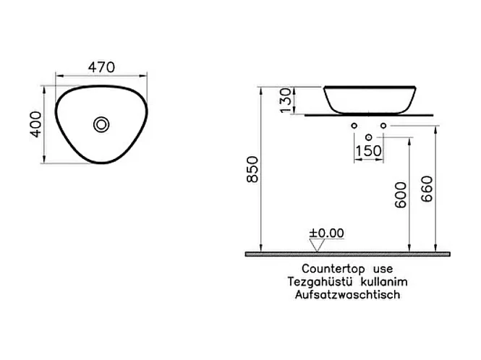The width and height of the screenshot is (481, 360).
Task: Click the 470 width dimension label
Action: coord(102,67)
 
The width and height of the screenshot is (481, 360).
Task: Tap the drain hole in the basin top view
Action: coord(101,125)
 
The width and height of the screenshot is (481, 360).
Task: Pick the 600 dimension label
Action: coord(401,195)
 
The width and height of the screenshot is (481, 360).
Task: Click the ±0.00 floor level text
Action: coord(326,233)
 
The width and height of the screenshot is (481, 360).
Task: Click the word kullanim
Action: coord(378,281)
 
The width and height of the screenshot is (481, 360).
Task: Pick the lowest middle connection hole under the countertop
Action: coord(369,137)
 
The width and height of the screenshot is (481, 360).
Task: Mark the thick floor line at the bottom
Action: coord(348,254)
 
